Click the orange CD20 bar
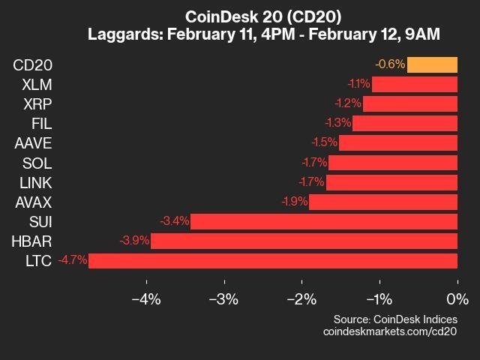click(432, 65)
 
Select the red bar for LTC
click(273, 261)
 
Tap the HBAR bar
click(304, 241)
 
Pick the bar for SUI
click(324, 222)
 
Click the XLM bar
click(415, 85)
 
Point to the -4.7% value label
click(73, 260)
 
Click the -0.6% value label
click(390, 64)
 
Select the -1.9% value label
click(295, 202)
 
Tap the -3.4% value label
click(175, 220)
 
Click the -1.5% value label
click(325, 142)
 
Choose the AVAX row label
click(34, 202)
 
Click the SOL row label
click(37, 163)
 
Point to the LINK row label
click(36, 183)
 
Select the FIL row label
click(42, 124)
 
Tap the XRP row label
click(37, 104)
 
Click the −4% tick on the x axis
click(146, 282)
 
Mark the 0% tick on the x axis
click(457, 282)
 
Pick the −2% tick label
click(301, 299)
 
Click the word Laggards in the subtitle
click(124, 34)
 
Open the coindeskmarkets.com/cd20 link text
click(390, 331)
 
